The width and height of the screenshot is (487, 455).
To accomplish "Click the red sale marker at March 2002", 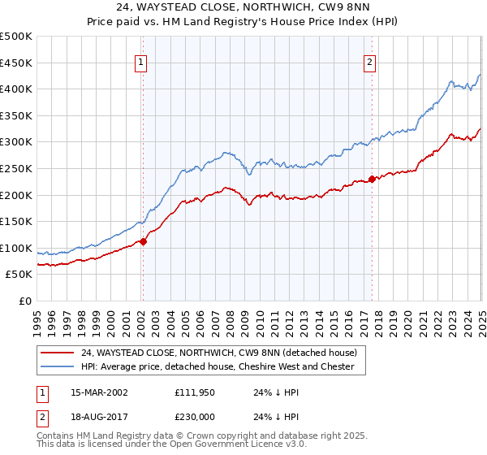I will coord(143,241).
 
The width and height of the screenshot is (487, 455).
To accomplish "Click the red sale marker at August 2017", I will coord(372,179).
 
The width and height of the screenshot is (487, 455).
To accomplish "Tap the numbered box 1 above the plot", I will coord(141,62).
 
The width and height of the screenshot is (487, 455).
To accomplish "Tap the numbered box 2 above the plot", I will coord(369,62).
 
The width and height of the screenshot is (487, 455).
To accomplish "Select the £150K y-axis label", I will coord(17,221).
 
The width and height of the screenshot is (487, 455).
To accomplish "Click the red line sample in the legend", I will coord(57,353).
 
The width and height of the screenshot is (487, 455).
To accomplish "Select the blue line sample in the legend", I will coord(57,366).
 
